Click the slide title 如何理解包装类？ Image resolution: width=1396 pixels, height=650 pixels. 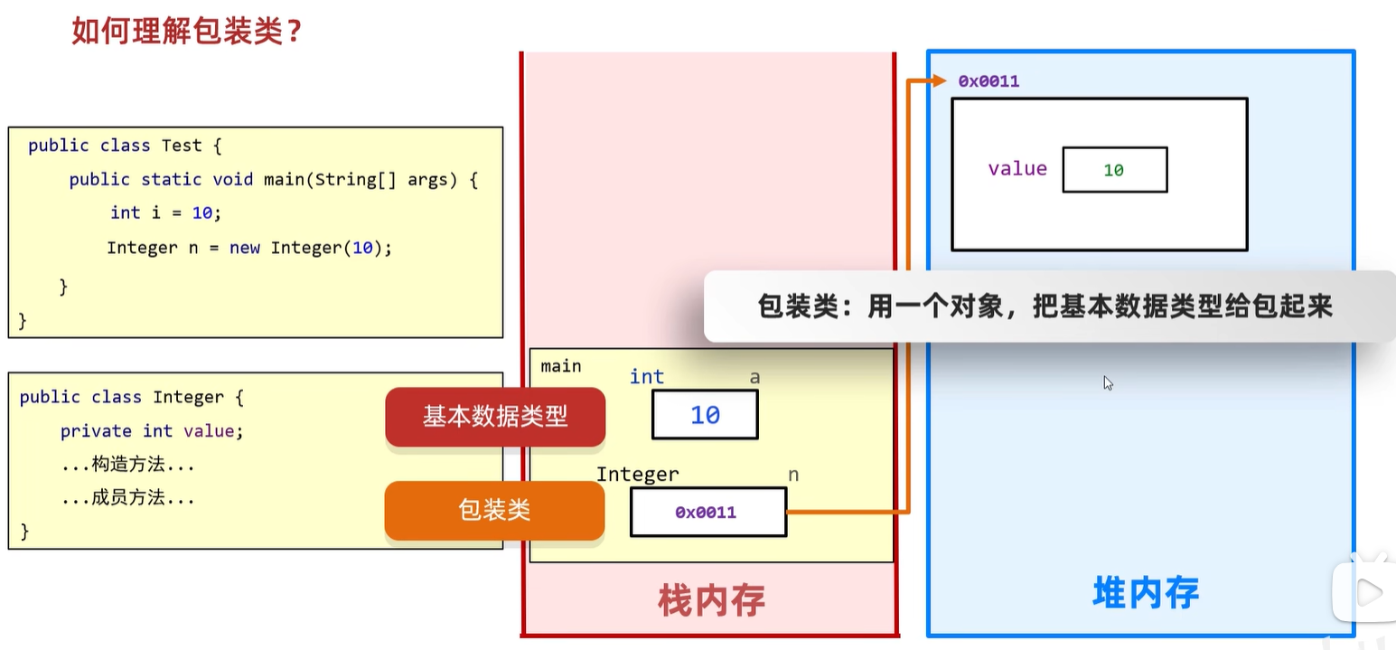coord(186,32)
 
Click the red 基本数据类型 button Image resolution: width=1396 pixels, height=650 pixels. coord(495,416)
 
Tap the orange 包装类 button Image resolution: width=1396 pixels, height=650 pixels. coord(494,511)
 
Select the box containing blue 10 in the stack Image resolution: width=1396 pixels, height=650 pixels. coord(705,415)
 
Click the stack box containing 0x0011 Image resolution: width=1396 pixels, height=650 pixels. coord(707,513)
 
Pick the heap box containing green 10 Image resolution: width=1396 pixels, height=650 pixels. coord(1114,170)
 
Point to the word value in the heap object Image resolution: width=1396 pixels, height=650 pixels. coord(1017,169)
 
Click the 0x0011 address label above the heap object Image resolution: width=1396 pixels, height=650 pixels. coord(988,81)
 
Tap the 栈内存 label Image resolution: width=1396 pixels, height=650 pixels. coord(711,599)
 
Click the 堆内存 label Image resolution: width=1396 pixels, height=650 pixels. coord(1146,593)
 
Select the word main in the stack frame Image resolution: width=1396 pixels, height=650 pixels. coord(561,366)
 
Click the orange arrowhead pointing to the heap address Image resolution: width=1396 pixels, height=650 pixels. coord(941,81)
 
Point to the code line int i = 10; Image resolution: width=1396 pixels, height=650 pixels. coord(165,213)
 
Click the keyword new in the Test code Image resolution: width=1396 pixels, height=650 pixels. coord(245,248)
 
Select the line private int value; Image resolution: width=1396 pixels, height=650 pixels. coord(152,431)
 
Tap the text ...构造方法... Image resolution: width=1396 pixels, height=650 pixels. coord(128,465)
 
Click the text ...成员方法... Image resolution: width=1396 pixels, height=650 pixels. coord(128,498)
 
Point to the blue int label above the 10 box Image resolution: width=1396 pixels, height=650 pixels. coord(647,377)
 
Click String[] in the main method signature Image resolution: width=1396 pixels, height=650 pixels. coord(360,179)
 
